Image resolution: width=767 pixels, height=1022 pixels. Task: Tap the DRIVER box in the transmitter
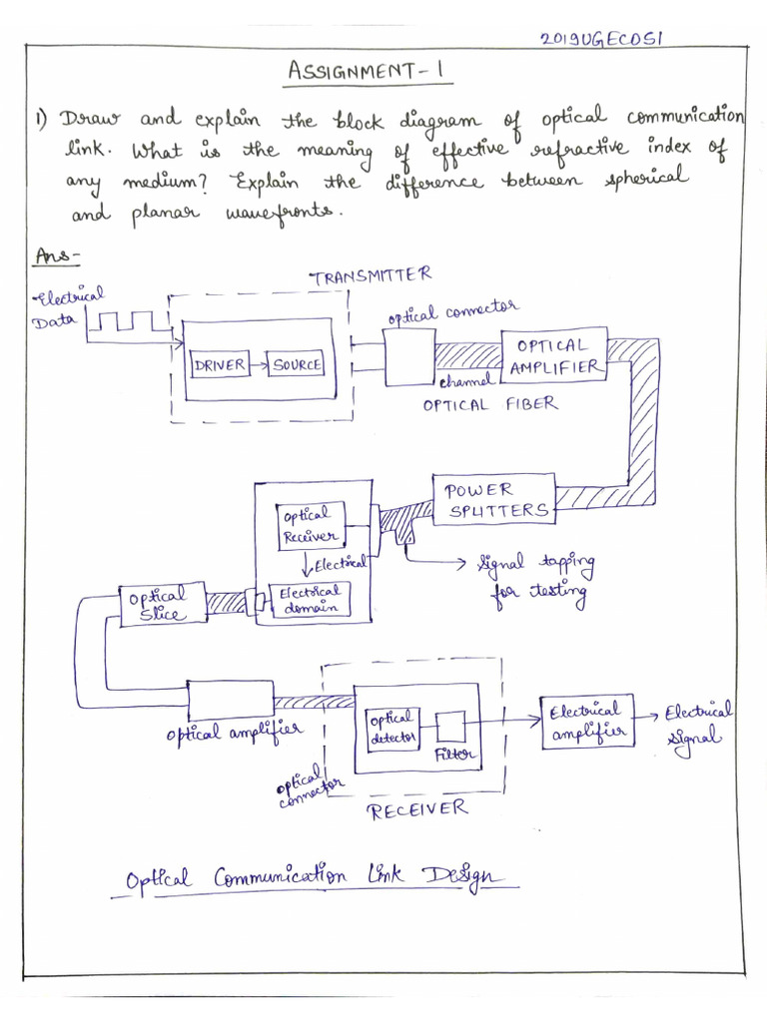tap(219, 365)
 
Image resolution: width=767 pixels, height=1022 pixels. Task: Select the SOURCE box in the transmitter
tap(298, 365)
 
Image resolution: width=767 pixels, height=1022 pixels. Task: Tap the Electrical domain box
tap(311, 599)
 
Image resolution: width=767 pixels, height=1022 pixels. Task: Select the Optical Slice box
tap(163, 605)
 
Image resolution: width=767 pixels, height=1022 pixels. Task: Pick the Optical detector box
tap(394, 730)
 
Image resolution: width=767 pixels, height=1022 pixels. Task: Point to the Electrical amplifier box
tap(587, 722)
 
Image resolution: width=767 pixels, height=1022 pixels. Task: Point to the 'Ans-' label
tap(57, 256)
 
